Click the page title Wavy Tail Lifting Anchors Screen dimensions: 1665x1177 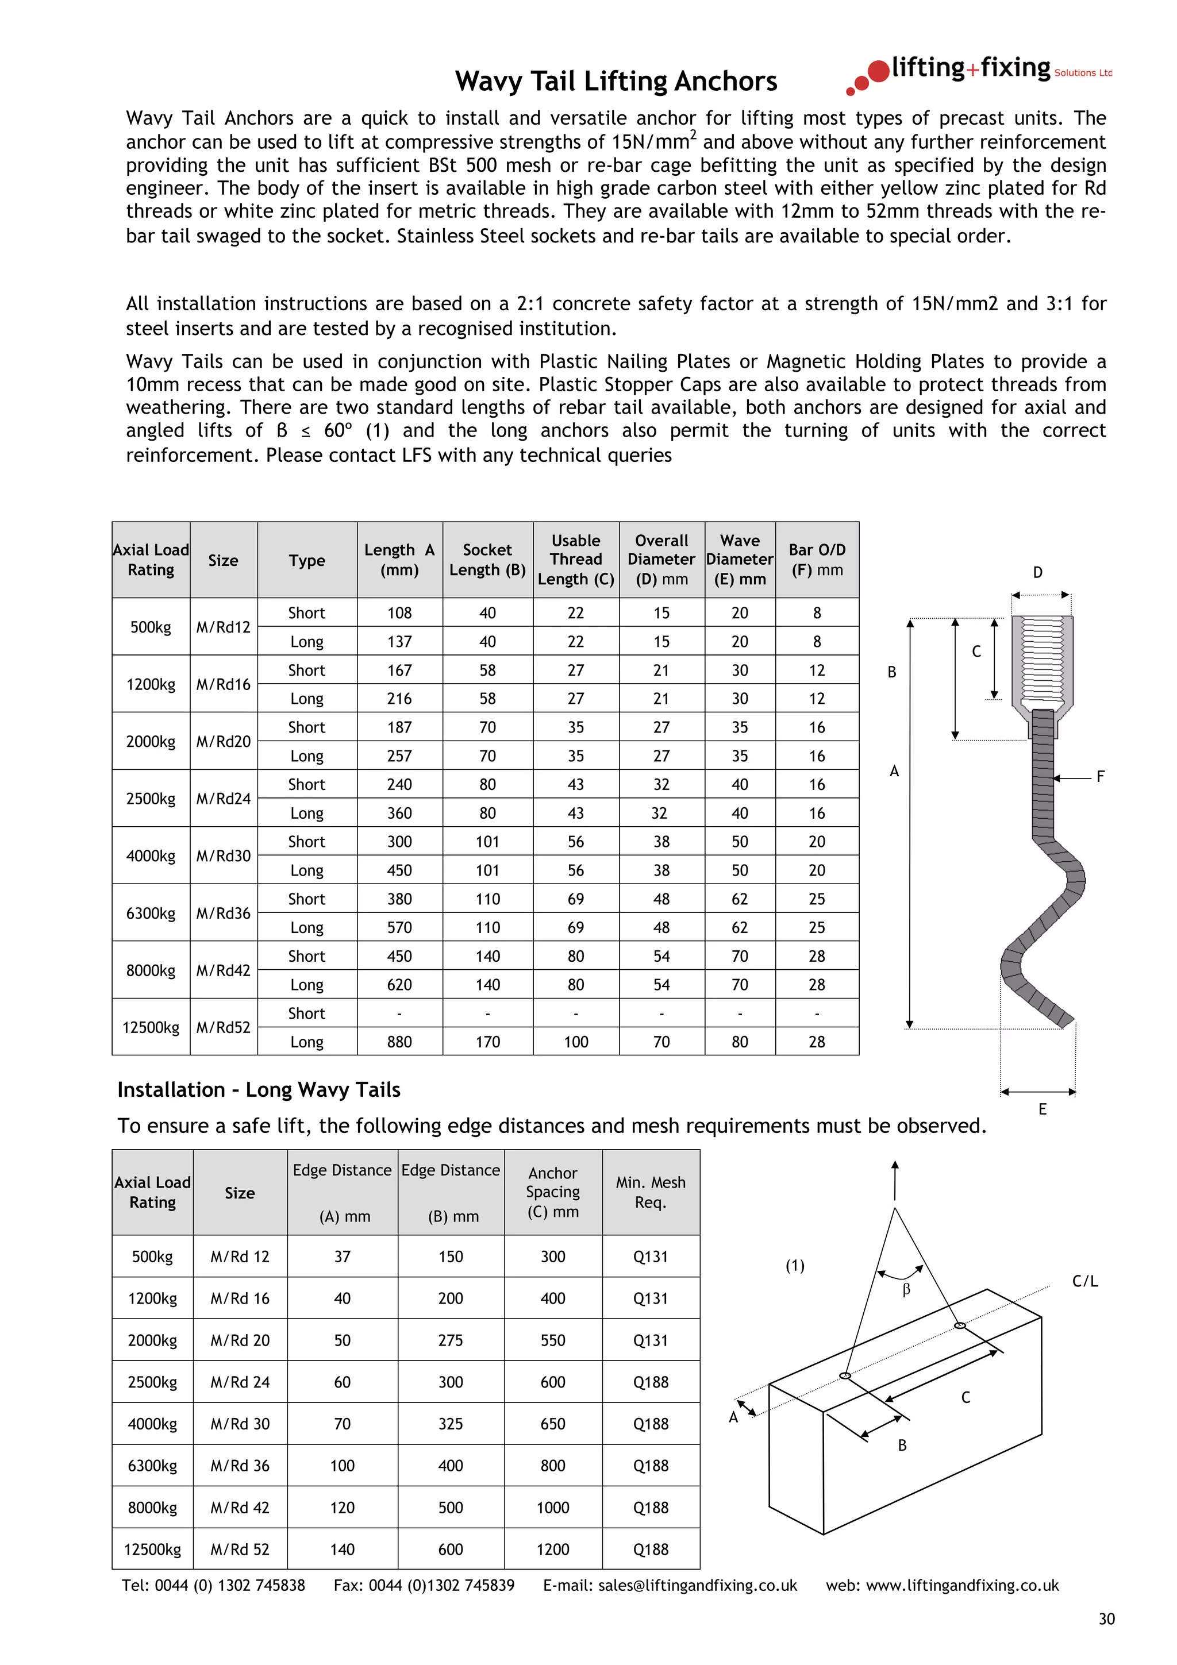pos(616,81)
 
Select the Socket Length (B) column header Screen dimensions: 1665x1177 pos(487,560)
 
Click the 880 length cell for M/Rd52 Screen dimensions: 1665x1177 pos(399,1042)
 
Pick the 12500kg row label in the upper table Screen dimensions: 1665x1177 pos(151,1028)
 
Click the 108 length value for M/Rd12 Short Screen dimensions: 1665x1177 pos(399,613)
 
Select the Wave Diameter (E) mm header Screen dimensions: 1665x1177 pos(740,560)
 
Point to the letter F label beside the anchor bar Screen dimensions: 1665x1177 pos(1100,777)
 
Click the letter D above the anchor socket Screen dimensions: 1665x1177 pos(1038,573)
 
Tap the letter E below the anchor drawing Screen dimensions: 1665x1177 pos(1042,1109)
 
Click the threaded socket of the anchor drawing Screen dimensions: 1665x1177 pos(1042,660)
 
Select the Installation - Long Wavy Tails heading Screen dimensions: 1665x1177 pos(259,1090)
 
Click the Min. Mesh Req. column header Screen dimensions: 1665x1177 pos(651,1192)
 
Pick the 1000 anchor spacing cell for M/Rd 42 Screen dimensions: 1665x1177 pos(553,1508)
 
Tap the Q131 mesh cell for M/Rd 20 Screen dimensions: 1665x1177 pos(651,1341)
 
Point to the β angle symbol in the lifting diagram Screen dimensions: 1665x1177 pos(906,1290)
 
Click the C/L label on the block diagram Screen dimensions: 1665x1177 pos(1085,1281)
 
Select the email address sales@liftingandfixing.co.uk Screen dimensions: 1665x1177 pos(697,1585)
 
